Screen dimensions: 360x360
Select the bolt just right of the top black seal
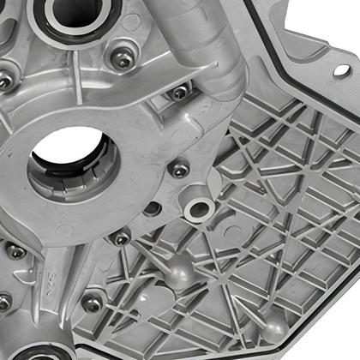123,58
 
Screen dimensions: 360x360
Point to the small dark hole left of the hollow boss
153,209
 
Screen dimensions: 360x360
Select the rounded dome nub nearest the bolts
179,269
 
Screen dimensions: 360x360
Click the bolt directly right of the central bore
179,170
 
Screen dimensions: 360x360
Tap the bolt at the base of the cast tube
179,92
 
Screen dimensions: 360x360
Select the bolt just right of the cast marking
92,302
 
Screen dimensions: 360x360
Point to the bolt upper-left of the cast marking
15,252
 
